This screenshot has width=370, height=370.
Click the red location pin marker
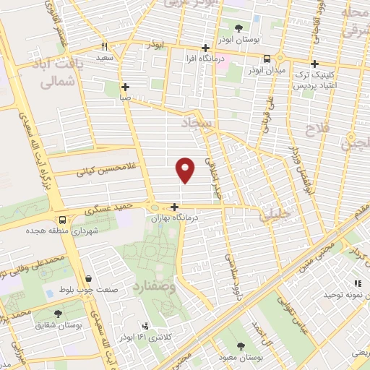coord(186,168)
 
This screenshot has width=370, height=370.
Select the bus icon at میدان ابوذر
coord(267,60)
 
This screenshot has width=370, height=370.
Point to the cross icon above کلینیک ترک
coord(314,62)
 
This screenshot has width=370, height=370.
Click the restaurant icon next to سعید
coord(106,44)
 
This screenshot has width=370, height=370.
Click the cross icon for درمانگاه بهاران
coord(174,207)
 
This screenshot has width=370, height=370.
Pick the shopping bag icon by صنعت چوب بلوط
coord(88,278)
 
